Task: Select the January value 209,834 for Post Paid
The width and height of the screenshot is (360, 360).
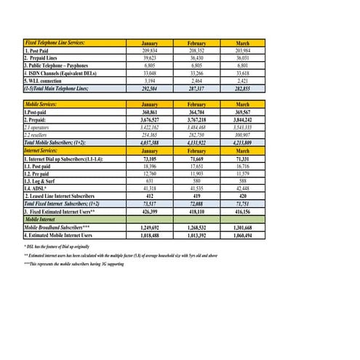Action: click(150, 50)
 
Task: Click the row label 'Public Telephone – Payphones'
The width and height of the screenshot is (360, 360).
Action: click(59, 65)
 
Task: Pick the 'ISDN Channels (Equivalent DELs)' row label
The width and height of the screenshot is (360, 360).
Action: click(61, 73)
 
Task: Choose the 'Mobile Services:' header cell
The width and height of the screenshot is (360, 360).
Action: click(44, 105)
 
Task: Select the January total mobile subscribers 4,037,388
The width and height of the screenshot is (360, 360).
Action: click(150, 142)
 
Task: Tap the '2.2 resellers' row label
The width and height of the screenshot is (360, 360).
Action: click(40, 135)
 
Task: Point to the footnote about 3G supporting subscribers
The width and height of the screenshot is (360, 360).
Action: click(73, 263)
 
